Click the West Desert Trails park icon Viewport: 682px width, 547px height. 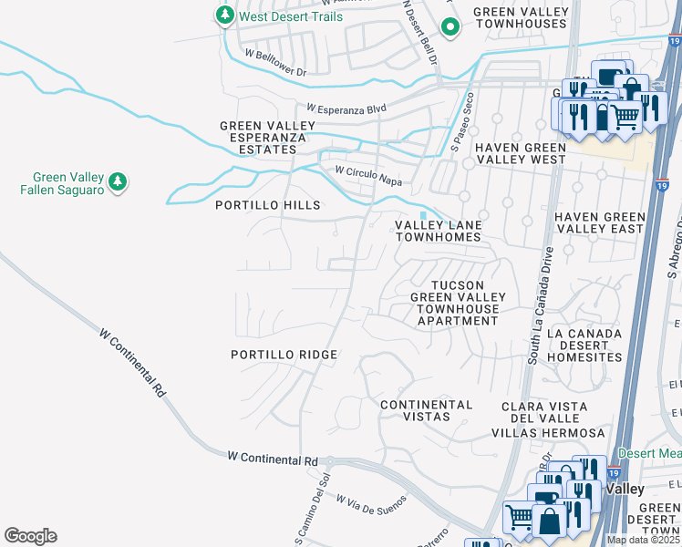tap(224, 15)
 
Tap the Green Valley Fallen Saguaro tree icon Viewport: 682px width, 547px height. tap(117, 183)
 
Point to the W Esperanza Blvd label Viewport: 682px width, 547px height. tap(346, 108)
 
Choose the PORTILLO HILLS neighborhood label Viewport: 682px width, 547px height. tap(267, 206)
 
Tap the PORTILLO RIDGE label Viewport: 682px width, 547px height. tap(284, 355)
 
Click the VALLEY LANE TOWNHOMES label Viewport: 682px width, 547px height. tap(437, 231)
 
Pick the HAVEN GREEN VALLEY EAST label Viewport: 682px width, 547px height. tap(599, 223)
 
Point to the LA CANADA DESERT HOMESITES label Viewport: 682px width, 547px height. tap(584, 346)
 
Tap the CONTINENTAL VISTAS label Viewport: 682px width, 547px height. tap(426, 410)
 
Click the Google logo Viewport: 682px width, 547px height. tap(30, 536)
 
